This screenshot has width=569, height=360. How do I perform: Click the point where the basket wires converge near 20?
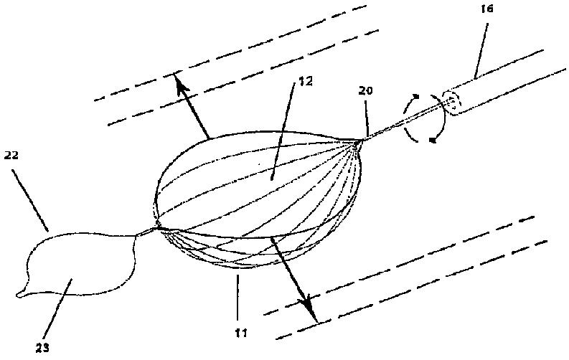pyautogui.click(x=357, y=141)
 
